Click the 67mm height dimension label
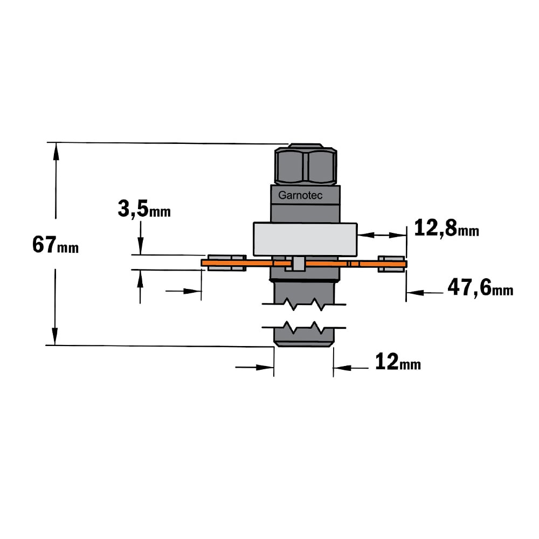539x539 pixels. pos(56,245)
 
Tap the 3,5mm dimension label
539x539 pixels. pos(144,209)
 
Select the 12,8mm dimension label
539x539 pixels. pos(446,228)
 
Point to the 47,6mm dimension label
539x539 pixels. pos(480,287)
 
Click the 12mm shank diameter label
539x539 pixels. pos(398,362)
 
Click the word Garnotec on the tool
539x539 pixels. pos(300,195)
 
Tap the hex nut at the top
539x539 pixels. pos(305,164)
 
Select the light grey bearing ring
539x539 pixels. pos(305,239)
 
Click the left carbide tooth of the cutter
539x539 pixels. pos(226,264)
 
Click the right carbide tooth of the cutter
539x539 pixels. pos(391,264)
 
